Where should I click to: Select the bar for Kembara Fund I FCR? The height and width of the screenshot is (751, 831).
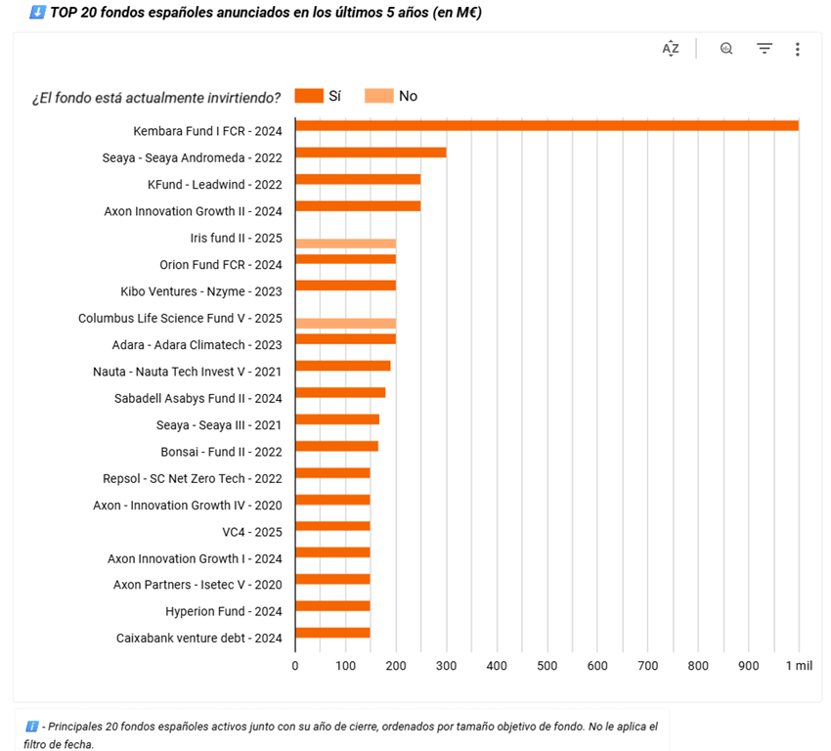point(547,125)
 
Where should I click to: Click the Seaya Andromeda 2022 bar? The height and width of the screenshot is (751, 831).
point(371,153)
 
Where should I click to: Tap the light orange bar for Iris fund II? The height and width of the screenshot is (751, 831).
point(345,243)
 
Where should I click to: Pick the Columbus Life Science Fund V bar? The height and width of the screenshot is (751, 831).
point(345,323)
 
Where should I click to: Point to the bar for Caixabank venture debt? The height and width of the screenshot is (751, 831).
point(332,633)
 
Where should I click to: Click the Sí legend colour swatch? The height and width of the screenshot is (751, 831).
point(309,96)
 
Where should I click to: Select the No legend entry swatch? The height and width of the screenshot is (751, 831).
point(379,96)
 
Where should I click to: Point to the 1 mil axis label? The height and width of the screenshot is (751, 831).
point(798,666)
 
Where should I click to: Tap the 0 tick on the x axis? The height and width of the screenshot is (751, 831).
point(295,666)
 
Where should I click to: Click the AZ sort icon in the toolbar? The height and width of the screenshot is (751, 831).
point(671,49)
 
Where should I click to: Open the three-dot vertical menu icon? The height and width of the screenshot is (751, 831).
point(798,49)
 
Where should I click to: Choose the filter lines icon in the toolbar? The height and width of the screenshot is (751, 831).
point(765,49)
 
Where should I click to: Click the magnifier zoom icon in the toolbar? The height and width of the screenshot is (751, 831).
point(726,49)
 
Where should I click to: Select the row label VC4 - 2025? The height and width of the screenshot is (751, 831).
point(252,532)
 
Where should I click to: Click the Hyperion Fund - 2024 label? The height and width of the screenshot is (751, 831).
point(224,612)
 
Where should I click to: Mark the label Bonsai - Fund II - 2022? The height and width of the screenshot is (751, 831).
point(221,452)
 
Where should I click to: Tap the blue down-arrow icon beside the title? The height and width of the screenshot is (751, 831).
point(37,13)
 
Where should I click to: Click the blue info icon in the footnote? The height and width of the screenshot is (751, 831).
point(32,727)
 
